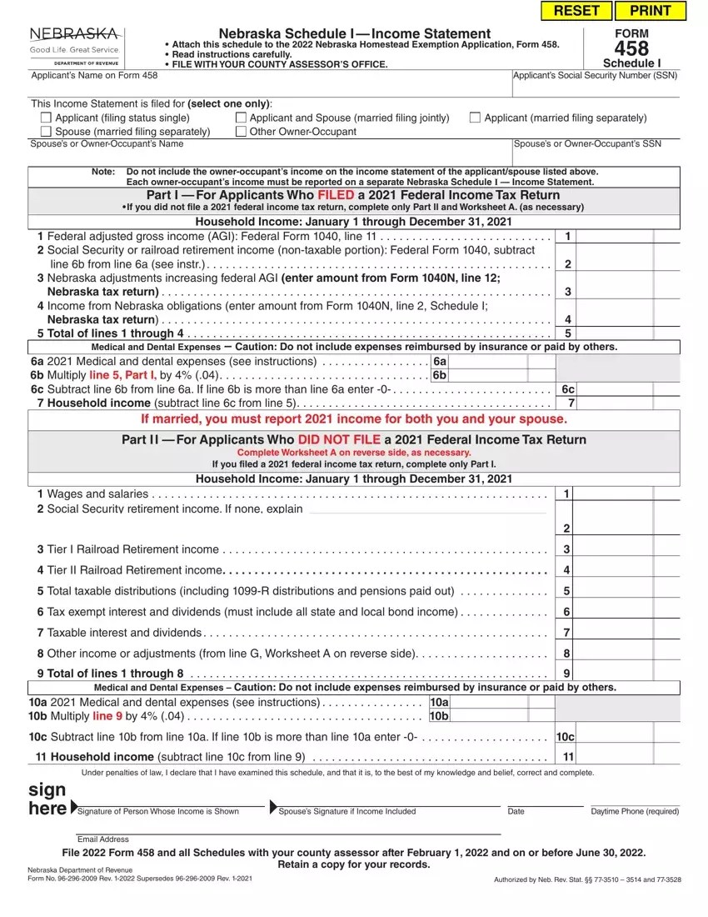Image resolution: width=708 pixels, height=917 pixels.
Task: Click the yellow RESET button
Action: [x=576, y=11]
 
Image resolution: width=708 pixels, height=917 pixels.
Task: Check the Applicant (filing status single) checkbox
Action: [x=47, y=118]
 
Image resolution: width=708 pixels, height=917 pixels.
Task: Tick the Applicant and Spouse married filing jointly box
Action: [x=242, y=118]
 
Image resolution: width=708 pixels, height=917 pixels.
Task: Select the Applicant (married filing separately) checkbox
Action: [x=475, y=118]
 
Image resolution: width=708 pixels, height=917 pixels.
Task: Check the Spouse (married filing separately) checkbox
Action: [x=47, y=132]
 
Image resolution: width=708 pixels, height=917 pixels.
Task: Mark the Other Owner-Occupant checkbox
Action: [x=242, y=132]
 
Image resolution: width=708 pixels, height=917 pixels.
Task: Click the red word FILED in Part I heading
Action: [x=336, y=195]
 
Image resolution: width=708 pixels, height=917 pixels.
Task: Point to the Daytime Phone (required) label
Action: [x=635, y=811]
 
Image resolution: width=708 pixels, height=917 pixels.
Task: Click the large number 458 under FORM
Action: [x=631, y=48]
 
